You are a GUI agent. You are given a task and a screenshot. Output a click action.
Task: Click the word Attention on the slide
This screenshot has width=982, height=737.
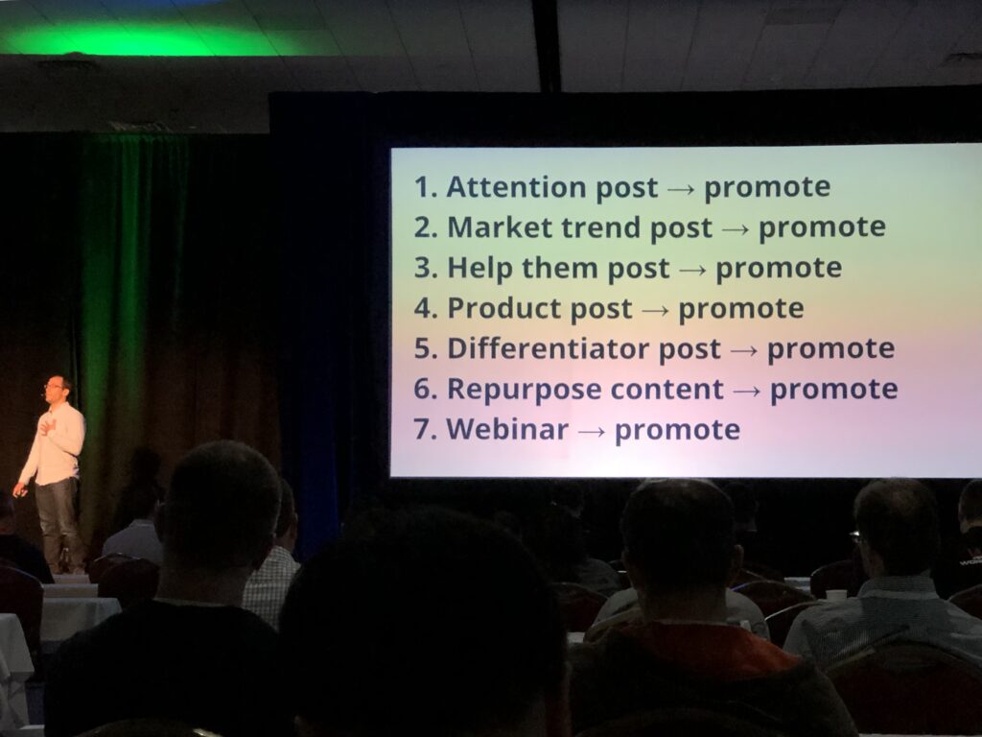click(517, 187)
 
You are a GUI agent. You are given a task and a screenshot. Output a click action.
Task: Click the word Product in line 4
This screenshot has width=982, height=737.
click(504, 308)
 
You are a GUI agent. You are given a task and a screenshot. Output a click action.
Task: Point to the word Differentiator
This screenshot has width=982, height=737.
click(549, 348)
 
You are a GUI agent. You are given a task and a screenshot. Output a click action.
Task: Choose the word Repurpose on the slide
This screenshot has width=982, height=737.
click(524, 390)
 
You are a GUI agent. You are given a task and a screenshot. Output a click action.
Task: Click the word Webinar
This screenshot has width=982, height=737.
click(507, 429)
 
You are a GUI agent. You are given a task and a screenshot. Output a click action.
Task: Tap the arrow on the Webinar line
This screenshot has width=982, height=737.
click(592, 431)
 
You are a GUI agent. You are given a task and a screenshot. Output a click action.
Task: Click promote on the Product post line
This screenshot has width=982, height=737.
click(741, 309)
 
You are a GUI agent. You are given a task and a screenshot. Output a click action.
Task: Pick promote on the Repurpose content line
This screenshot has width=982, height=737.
click(833, 390)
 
